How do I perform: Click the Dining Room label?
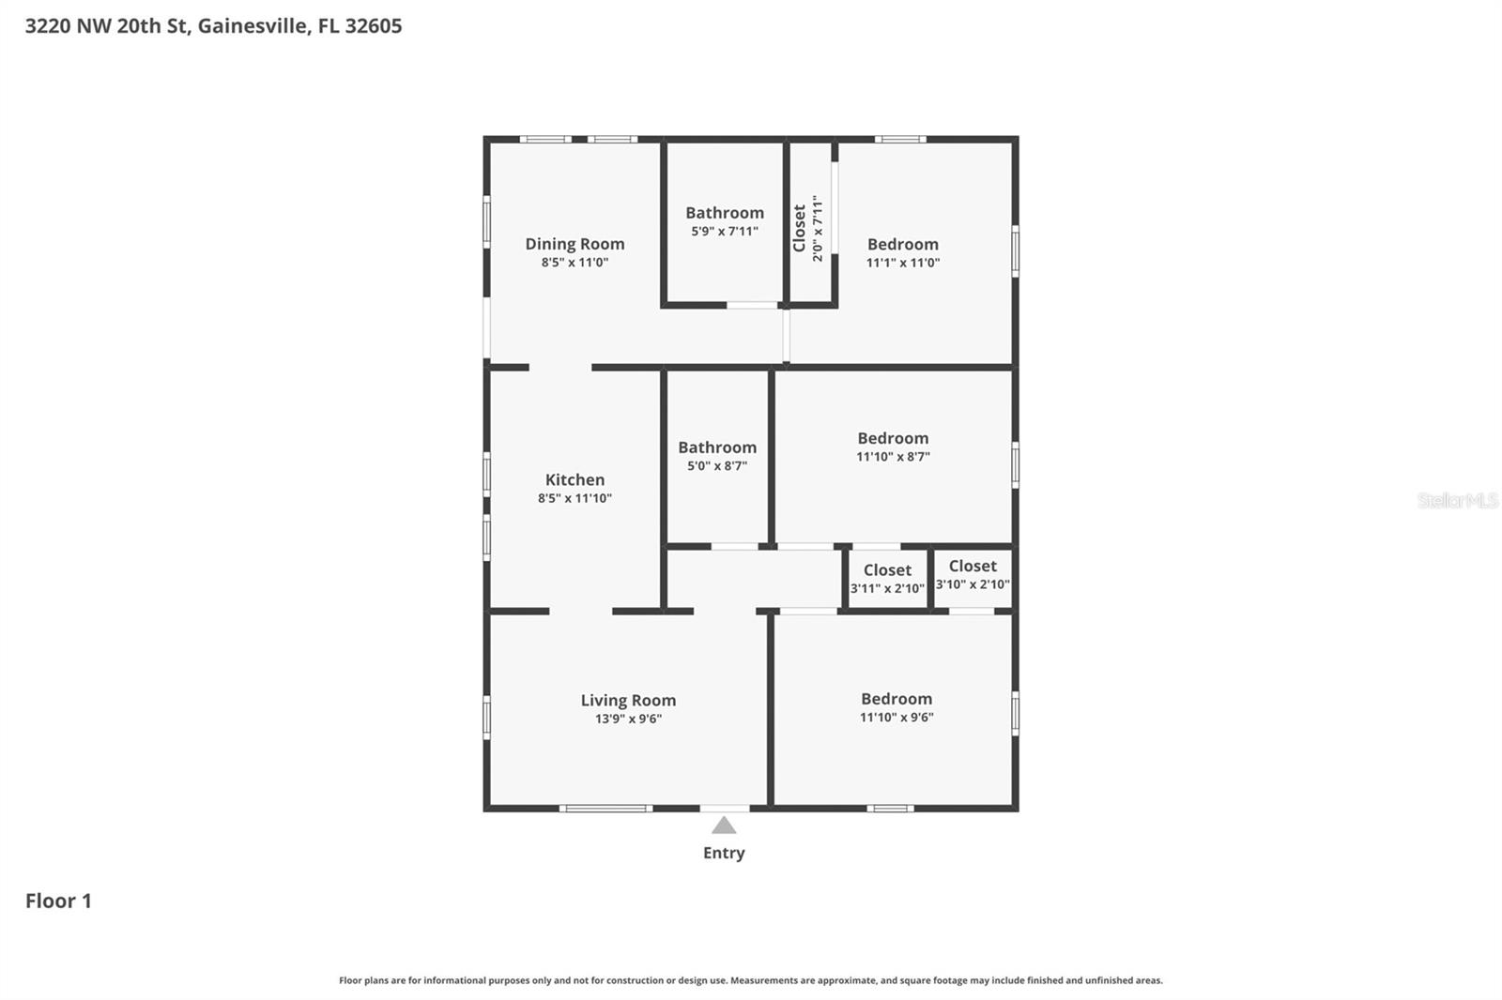575,244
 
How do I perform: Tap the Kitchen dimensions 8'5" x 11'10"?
575,498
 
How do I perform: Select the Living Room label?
628,700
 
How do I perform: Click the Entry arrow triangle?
724,826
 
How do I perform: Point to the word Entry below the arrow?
724,853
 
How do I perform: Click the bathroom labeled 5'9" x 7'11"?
725,221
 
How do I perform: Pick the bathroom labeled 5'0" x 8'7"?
717,455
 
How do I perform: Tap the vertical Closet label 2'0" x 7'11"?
807,228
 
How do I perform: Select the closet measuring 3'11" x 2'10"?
887,579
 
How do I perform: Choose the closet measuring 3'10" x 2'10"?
973,574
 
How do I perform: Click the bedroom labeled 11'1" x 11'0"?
902,252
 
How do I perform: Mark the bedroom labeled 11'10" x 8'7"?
893,447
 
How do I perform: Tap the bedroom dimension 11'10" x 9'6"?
897,718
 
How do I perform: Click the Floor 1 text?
58,901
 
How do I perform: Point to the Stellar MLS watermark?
1457,500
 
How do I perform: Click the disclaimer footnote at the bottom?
750,980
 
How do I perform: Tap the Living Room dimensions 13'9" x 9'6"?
628,719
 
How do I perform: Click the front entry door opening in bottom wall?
724,808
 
